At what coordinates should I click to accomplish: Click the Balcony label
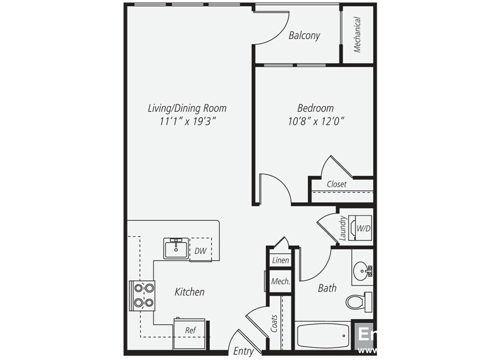(x=304, y=35)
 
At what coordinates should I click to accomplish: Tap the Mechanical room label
(x=357, y=34)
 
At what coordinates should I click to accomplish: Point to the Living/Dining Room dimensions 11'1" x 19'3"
(x=187, y=121)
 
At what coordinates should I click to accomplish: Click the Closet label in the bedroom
(x=336, y=184)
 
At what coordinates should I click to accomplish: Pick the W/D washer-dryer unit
(x=363, y=228)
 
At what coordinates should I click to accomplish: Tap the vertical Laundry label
(x=343, y=228)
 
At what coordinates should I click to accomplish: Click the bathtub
(x=322, y=335)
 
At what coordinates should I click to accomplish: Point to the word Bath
(x=327, y=288)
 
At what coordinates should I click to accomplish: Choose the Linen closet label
(x=279, y=260)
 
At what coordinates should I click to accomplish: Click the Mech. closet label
(x=280, y=281)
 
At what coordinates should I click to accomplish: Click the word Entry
(x=243, y=351)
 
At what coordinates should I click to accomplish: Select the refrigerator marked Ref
(x=190, y=330)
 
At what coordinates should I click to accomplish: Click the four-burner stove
(x=142, y=295)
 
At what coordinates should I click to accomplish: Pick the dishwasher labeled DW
(x=201, y=250)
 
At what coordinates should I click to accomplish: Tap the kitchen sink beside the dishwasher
(x=176, y=248)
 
